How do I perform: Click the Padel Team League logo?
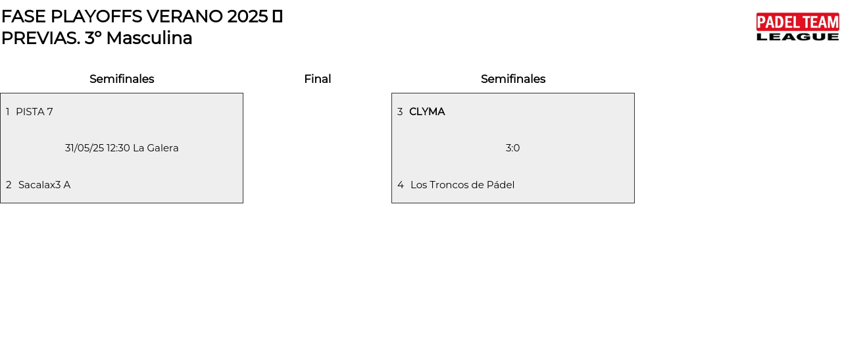[797, 27]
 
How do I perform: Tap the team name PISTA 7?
[34, 112]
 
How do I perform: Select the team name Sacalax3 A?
[44, 185]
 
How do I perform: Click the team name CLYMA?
[427, 112]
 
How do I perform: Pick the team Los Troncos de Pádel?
[462, 185]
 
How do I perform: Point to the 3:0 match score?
[512, 148]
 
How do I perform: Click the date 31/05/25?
[84, 148]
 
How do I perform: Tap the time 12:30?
[118, 148]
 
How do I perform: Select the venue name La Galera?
[156, 148]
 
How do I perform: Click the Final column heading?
[317, 79]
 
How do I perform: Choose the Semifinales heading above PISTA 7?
[122, 79]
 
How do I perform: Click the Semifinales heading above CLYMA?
[513, 79]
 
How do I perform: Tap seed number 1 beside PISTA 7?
[8, 112]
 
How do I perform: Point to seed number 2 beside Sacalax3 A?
[9, 185]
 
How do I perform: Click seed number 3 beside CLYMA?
[400, 112]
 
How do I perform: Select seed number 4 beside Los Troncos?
[401, 185]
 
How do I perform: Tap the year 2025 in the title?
[247, 16]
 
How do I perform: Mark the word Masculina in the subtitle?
[149, 38]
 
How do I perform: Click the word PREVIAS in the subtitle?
[41, 38]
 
